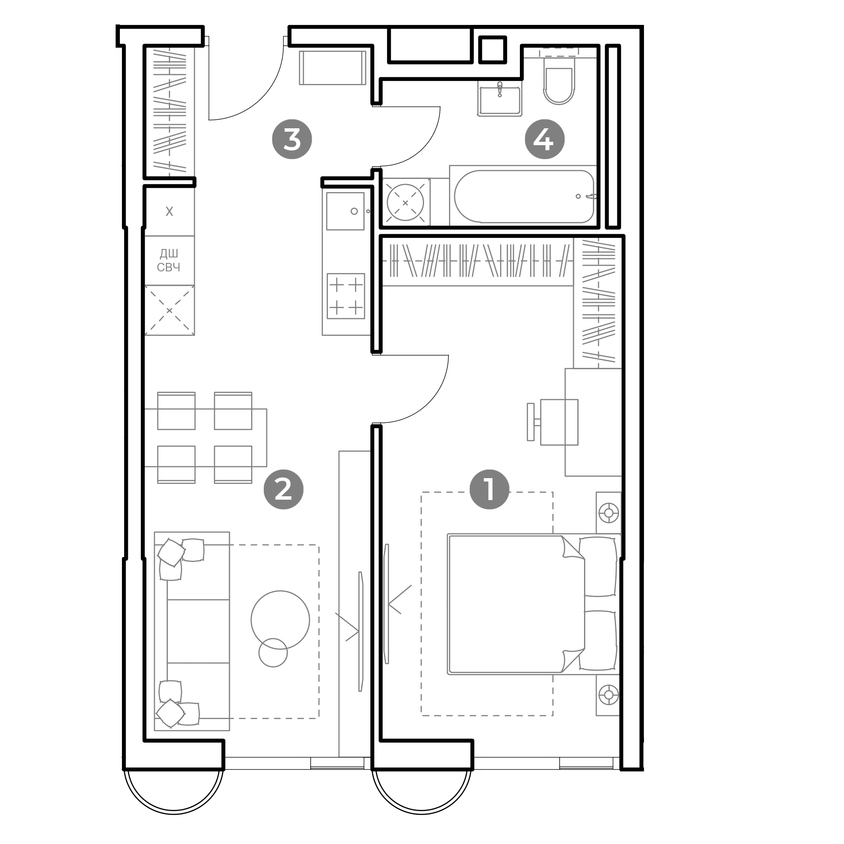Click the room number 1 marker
tap(489, 490)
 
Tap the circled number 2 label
tap(284, 490)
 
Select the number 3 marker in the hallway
tap(292, 139)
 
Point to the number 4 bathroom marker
tap(544, 139)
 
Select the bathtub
tap(524, 196)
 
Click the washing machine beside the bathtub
tap(406, 202)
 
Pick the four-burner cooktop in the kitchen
tap(346, 296)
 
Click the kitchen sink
tap(345, 211)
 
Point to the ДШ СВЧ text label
tap(169, 260)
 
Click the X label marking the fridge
tap(170, 212)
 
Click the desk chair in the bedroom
tap(553, 422)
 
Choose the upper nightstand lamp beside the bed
tap(609, 512)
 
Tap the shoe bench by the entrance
tap(333, 68)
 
